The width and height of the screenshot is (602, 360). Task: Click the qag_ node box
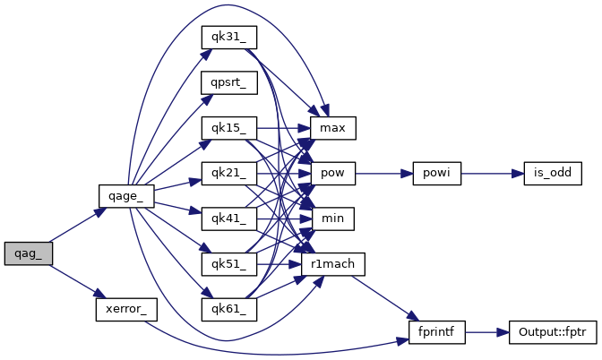point(28,253)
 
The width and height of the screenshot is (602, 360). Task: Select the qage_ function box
point(126,194)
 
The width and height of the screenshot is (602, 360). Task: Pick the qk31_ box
point(228,38)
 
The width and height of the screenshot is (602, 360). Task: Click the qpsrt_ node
point(228,83)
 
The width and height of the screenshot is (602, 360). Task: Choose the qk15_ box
point(228,127)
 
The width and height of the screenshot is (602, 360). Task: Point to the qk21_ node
point(228,173)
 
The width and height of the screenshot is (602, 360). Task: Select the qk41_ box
point(228,218)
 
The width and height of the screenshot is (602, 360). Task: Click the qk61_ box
point(228,309)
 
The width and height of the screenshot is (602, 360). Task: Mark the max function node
point(332,128)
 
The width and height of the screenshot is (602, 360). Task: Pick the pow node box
point(332,173)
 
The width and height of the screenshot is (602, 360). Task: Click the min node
point(332,218)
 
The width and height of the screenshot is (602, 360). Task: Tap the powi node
point(435,173)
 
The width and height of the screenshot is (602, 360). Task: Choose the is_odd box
point(547,173)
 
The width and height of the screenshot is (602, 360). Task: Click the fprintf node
point(435,331)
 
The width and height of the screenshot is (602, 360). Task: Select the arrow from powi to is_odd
point(492,173)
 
